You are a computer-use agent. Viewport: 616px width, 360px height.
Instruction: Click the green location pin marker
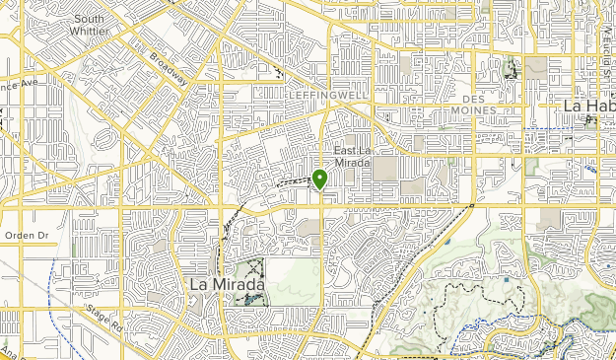[319, 179]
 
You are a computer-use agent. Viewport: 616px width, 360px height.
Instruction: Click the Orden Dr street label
[26, 236]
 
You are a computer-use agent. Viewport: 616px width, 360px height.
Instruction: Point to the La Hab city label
[587, 105]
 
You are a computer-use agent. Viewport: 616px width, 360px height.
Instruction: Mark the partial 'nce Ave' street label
[18, 85]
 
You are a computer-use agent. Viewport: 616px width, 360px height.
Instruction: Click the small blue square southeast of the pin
[507, 279]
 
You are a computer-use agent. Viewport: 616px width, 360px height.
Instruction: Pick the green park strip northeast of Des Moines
[511, 68]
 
